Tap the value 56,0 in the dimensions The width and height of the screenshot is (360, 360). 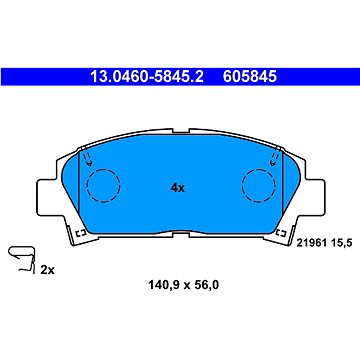205,285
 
